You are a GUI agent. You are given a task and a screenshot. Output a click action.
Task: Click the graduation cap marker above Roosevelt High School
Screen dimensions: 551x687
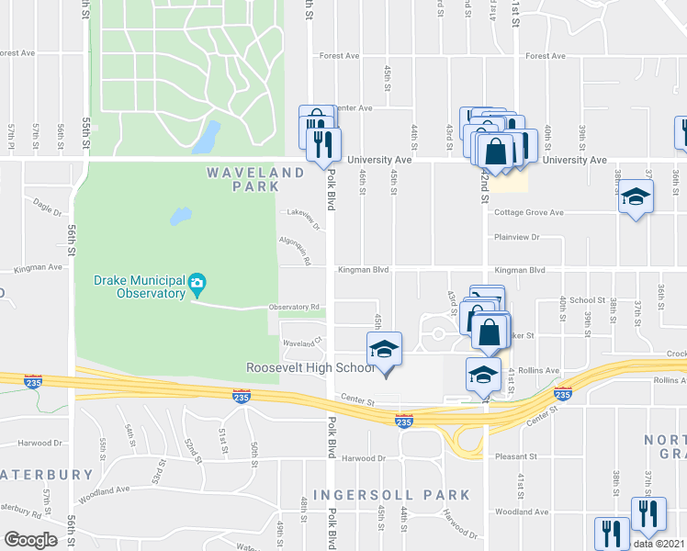click(385, 350)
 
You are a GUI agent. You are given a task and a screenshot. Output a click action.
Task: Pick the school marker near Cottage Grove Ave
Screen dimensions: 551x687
click(635, 197)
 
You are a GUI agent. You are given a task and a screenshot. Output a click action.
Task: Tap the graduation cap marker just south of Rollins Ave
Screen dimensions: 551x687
click(482, 374)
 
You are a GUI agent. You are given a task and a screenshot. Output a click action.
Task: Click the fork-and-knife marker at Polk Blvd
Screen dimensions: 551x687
click(323, 144)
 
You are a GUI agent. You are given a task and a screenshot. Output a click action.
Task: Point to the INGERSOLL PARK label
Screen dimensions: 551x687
click(391, 495)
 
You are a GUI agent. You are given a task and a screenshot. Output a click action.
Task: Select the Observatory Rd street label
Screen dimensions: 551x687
click(294, 307)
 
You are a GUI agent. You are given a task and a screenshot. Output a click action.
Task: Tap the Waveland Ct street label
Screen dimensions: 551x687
click(303, 343)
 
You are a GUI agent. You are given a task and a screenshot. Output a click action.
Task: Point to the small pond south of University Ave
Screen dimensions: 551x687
click(180, 218)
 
